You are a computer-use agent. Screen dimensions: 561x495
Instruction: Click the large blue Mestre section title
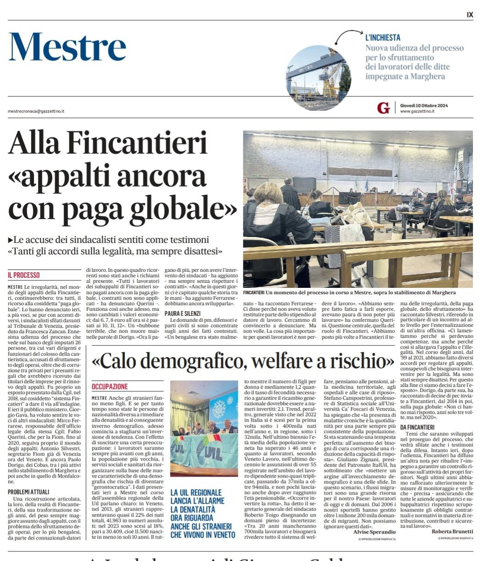[67, 47]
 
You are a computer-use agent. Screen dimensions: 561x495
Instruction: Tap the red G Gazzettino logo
[383, 108]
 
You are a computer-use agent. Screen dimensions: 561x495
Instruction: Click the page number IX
[470, 15]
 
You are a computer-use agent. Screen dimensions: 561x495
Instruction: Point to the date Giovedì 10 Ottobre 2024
[423, 105]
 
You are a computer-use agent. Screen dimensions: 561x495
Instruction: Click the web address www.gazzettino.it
[417, 111]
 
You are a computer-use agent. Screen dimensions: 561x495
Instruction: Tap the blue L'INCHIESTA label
[383, 38]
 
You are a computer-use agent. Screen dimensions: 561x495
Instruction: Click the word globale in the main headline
[183, 208]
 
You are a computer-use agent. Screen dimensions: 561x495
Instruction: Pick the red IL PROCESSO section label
[24, 275]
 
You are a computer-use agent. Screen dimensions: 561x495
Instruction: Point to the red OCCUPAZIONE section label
[110, 386]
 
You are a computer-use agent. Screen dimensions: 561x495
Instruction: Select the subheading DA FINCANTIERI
[417, 427]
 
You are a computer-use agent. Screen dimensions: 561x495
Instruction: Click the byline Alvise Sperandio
[374, 532]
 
